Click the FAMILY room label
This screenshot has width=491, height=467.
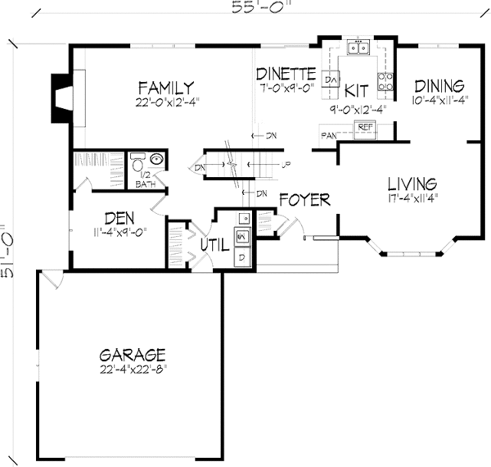point(165,87)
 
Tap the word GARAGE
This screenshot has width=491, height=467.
point(133,355)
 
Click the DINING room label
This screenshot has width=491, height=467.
point(439,86)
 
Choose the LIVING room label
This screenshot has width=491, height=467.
point(412,184)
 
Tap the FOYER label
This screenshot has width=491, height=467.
point(304,199)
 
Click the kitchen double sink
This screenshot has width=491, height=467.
point(358,48)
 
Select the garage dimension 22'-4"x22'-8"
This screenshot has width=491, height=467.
point(133,370)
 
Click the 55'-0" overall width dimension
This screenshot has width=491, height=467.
point(250,7)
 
